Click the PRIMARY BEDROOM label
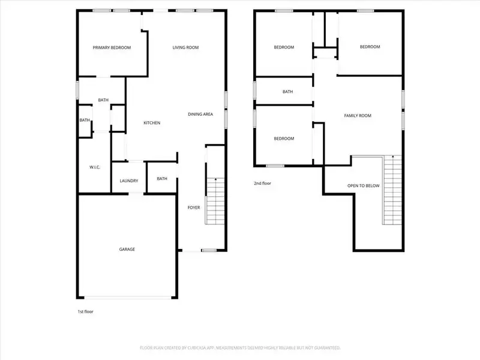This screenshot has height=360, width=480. (112, 48)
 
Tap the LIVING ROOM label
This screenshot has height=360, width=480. (185, 48)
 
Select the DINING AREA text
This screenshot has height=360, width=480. (200, 114)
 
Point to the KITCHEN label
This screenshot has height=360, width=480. (152, 123)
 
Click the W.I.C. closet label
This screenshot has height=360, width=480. (94, 167)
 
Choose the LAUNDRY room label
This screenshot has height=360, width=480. (129, 181)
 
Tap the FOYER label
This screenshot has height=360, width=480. (194, 208)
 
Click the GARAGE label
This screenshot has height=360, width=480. (126, 249)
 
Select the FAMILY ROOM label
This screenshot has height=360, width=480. (358, 115)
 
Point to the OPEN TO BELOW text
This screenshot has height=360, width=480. (364, 186)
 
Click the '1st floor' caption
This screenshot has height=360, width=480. (85, 311)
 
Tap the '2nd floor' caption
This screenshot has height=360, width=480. (263, 183)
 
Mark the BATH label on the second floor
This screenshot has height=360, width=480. (288, 92)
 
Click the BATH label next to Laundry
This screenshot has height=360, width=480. (162, 178)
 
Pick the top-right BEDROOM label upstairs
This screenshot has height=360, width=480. (370, 47)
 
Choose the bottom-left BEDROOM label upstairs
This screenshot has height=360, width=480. (284, 139)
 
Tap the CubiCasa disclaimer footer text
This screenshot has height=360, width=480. (240, 347)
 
